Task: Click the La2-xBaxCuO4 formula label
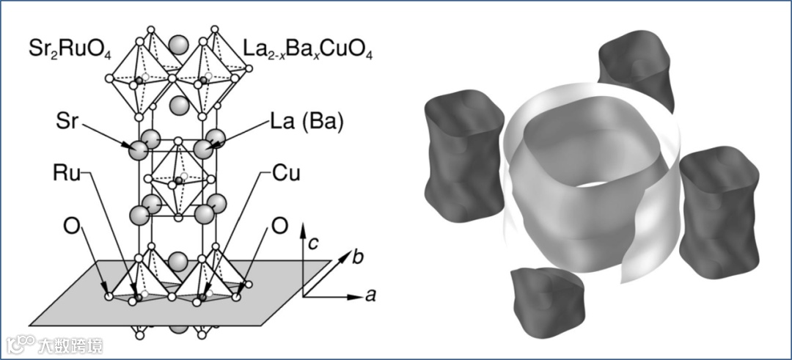click(307, 52)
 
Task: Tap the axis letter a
click(372, 296)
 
